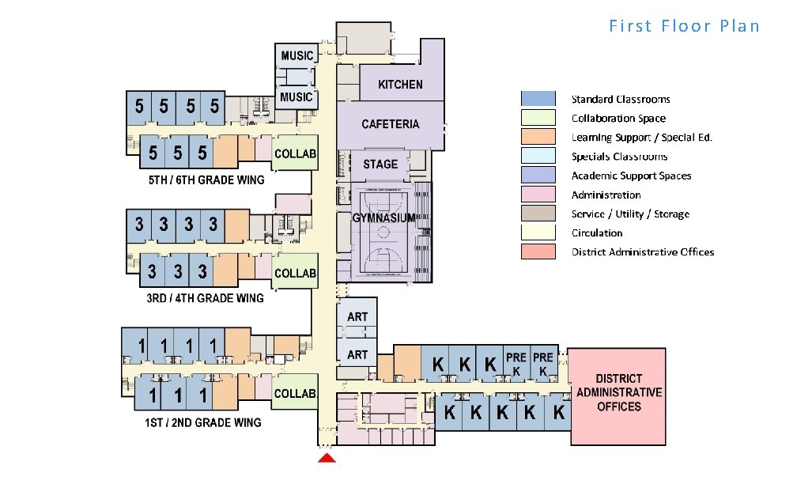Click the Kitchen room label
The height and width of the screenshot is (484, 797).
point(400,85)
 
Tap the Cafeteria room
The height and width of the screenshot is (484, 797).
point(390,124)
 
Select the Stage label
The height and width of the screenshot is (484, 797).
point(380,164)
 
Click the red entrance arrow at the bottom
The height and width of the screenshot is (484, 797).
point(327,459)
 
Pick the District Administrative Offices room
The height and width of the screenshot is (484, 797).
point(619,393)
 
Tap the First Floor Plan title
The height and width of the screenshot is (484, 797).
point(684,26)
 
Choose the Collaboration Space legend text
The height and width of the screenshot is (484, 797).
point(618,119)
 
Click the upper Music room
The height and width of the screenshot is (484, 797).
point(297,55)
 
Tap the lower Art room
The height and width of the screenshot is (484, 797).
point(357,354)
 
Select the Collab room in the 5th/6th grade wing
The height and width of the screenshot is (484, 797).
point(295,153)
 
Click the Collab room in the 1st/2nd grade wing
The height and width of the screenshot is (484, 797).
point(295,393)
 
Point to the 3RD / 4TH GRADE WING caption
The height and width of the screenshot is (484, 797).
point(206,298)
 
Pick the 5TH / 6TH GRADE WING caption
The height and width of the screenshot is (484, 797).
point(206,180)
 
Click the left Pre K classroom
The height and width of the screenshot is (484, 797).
point(516,364)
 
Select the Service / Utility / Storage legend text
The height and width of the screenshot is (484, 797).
point(630,214)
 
